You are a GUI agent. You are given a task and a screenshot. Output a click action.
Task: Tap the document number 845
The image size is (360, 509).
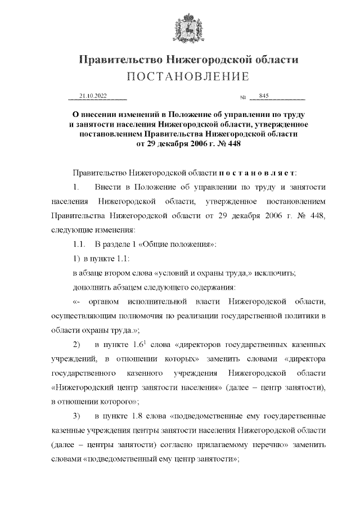264,96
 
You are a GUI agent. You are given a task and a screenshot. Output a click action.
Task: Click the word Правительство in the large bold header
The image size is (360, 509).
116,59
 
